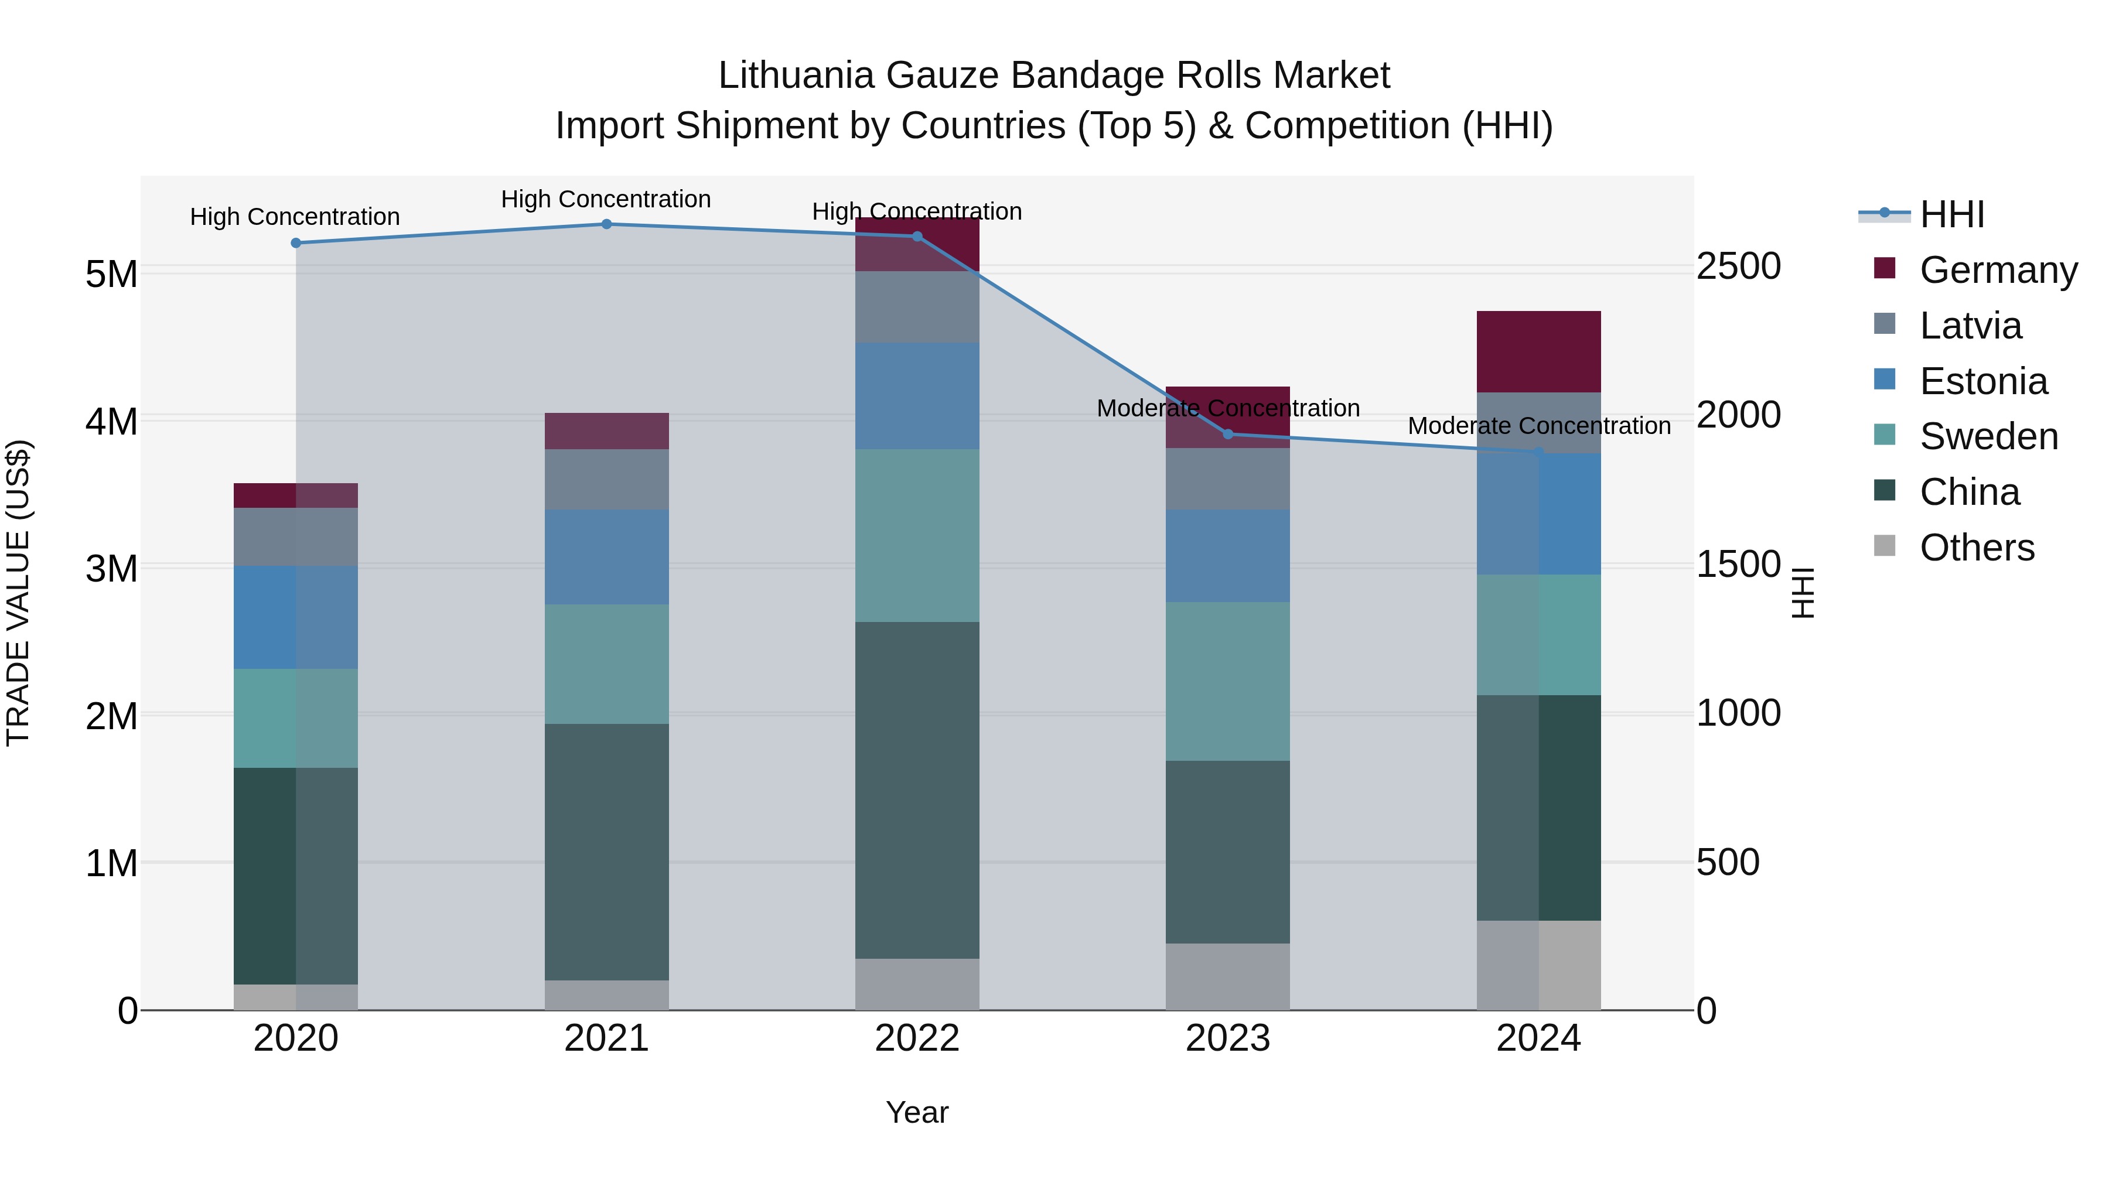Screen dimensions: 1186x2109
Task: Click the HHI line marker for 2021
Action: pyautogui.click(x=607, y=224)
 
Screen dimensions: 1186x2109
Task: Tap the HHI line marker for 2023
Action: pyautogui.click(x=1227, y=435)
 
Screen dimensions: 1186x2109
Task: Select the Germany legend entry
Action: pyautogui.click(x=1998, y=270)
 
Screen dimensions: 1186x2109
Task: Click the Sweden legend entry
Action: pyautogui.click(x=1988, y=436)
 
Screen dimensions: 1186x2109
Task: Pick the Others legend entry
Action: pyautogui.click(x=1977, y=548)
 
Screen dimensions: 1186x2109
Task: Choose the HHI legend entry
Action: pyautogui.click(x=1952, y=214)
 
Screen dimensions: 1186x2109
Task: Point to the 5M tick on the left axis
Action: pyautogui.click(x=111, y=274)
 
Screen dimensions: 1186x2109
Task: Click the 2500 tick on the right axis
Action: pyautogui.click(x=1738, y=267)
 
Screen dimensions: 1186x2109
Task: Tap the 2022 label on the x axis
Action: pyautogui.click(x=917, y=1038)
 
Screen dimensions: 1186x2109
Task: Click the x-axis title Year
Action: pyautogui.click(x=917, y=1112)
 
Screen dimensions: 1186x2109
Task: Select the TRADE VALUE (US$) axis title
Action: pyautogui.click(x=18, y=593)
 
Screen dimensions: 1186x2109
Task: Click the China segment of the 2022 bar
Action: pyautogui.click(x=917, y=790)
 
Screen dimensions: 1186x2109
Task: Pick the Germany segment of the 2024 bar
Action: pyautogui.click(x=1538, y=352)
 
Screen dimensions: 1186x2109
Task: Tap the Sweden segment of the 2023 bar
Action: pyautogui.click(x=1227, y=681)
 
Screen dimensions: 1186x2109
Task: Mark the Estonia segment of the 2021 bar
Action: pyautogui.click(x=607, y=558)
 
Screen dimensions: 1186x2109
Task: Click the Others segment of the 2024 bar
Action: pyautogui.click(x=1538, y=965)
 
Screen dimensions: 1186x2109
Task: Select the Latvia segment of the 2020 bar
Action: pyautogui.click(x=296, y=537)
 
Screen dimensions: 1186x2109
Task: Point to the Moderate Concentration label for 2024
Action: pyautogui.click(x=1538, y=426)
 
